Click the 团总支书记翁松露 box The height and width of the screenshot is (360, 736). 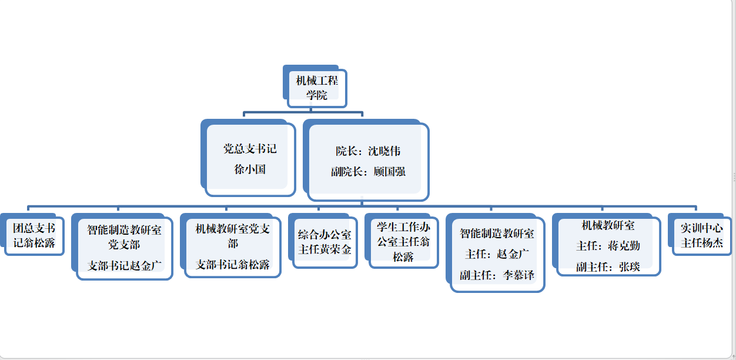34,235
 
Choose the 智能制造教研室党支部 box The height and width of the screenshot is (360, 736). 124,235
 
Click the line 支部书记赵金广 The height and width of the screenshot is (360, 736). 124,265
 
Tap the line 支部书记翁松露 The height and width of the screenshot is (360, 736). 233,265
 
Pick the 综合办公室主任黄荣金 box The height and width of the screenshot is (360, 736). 324,242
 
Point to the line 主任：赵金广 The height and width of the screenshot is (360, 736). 497,254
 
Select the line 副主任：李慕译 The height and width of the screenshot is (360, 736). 497,275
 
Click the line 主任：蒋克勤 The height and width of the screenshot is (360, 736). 608,246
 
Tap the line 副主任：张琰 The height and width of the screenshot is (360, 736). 608,266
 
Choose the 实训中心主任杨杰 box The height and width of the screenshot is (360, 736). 701,235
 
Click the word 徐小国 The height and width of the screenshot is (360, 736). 250,169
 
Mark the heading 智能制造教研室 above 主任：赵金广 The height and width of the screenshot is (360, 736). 497,234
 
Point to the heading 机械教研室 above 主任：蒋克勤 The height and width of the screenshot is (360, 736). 608,225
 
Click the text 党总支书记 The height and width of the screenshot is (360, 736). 250,149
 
